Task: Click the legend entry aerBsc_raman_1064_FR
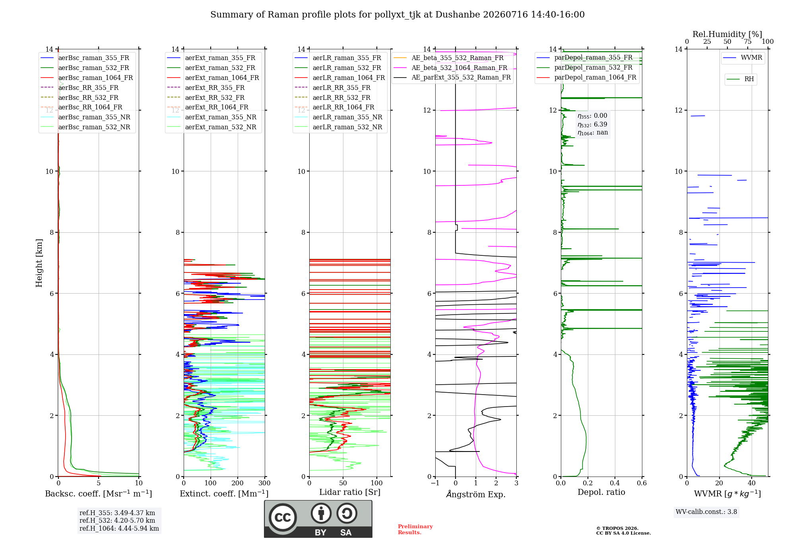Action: pyautogui.click(x=87, y=78)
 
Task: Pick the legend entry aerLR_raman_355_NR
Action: pyautogui.click(x=338, y=117)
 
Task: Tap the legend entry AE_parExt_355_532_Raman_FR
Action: pyautogui.click(x=452, y=77)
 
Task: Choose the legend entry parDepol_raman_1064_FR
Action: pyautogui.click(x=586, y=77)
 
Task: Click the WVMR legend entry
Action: pyautogui.click(x=743, y=58)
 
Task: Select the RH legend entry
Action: pyautogui.click(x=740, y=79)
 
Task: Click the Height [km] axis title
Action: pyautogui.click(x=39, y=263)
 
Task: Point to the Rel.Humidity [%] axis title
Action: pyautogui.click(x=727, y=34)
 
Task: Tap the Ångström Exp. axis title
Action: pyautogui.click(x=476, y=494)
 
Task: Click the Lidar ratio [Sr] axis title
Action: pyautogui.click(x=350, y=492)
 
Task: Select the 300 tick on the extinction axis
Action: pyautogui.click(x=264, y=483)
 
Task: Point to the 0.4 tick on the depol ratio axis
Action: pyautogui.click(x=615, y=483)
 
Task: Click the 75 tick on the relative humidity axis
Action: pyautogui.click(x=748, y=41)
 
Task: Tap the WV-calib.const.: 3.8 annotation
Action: pyautogui.click(x=706, y=512)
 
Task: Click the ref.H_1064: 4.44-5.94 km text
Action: pyautogui.click(x=119, y=528)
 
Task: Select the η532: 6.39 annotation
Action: pyautogui.click(x=592, y=125)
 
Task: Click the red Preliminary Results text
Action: pyautogui.click(x=415, y=529)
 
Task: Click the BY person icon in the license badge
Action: pyautogui.click(x=321, y=513)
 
